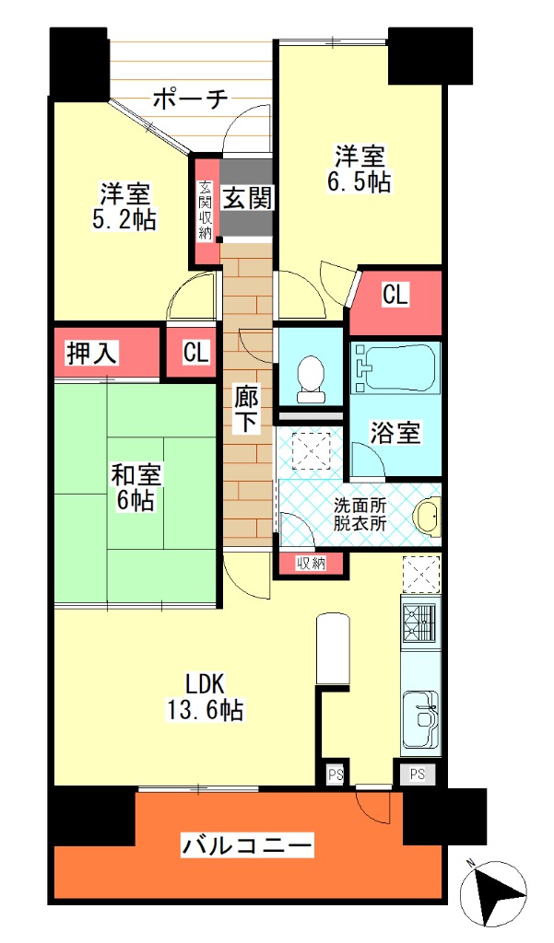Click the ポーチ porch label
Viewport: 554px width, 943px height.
pyautogui.click(x=190, y=98)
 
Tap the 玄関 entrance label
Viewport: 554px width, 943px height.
pyautogui.click(x=247, y=197)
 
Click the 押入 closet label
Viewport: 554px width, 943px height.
pyautogui.click(x=91, y=353)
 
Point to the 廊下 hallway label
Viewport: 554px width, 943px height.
pyautogui.click(x=246, y=410)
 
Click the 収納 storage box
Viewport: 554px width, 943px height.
pyautogui.click(x=311, y=564)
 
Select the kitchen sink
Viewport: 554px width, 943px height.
pyautogui.click(x=420, y=719)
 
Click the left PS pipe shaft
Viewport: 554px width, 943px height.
pyautogui.click(x=336, y=774)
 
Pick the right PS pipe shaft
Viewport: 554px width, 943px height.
pyautogui.click(x=418, y=774)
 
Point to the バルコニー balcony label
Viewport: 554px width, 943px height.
pyautogui.click(x=247, y=847)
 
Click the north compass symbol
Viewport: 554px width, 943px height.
pyautogui.click(x=492, y=892)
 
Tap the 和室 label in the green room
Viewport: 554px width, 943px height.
pyautogui.click(x=136, y=475)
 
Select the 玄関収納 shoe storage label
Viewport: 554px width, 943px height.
pyautogui.click(x=206, y=211)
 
